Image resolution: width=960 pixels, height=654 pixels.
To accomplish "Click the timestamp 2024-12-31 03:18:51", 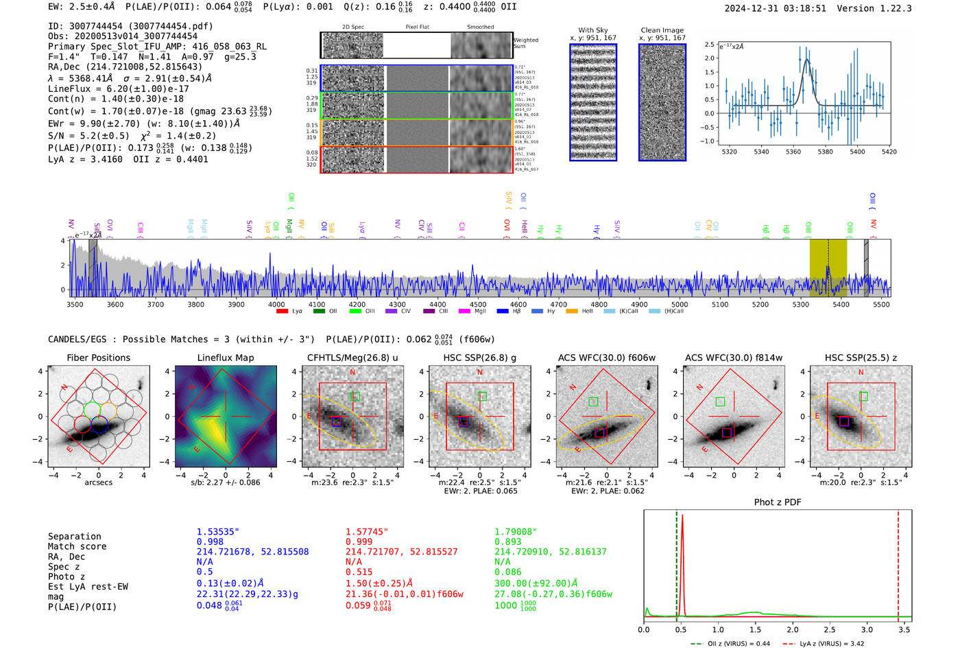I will [775, 9].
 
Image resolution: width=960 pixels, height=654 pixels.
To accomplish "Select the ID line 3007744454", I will [130, 26].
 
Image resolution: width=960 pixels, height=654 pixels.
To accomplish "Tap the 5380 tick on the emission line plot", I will [825, 152].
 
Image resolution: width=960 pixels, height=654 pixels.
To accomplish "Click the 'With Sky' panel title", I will [592, 30].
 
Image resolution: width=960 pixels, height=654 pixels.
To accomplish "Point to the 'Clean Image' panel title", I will [662, 30].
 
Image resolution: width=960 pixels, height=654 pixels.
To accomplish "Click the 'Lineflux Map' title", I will [225, 358].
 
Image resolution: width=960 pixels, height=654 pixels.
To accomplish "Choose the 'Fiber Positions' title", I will [98, 358].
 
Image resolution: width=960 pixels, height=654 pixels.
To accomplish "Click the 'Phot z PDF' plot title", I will [777, 502].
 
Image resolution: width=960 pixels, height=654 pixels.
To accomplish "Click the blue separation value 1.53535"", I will [217, 532].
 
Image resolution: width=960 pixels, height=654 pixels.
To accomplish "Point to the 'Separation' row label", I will [74, 537].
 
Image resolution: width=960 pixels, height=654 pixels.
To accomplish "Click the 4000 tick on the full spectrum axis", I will [276, 304].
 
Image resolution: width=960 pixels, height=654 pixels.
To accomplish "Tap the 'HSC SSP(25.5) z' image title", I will [861, 358].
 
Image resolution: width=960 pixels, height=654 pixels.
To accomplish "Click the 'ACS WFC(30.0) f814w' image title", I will [733, 358].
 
